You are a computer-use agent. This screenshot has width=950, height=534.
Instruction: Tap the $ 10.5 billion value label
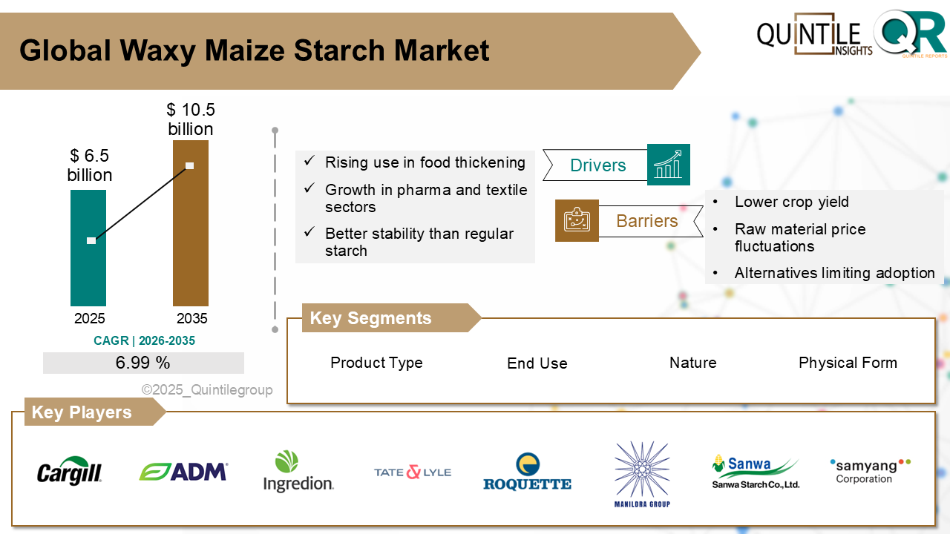tap(191, 119)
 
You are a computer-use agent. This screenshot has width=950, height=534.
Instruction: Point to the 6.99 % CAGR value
tap(143, 363)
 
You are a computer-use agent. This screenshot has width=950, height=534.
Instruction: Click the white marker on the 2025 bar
tap(91, 240)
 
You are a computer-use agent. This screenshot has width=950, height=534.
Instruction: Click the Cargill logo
tap(70, 471)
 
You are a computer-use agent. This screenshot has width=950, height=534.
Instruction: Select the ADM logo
tap(183, 472)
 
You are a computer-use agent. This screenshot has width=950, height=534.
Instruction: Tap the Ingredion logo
tap(298, 472)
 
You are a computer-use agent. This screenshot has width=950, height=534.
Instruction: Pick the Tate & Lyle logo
tap(413, 472)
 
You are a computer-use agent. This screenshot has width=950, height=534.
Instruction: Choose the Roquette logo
tap(527, 472)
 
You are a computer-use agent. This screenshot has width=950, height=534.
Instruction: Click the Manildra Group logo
tap(642, 475)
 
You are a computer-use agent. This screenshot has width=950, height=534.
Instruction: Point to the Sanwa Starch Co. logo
tap(756, 472)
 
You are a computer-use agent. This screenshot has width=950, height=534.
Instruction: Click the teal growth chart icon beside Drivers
tap(669, 165)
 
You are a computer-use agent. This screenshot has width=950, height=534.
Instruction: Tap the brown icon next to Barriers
tap(577, 220)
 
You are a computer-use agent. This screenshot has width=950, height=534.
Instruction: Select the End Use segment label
tap(537, 363)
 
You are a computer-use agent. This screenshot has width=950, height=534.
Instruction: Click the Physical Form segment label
tap(848, 363)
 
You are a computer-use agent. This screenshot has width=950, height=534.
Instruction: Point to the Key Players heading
tap(82, 412)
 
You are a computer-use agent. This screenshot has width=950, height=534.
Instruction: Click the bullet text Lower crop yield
tap(791, 202)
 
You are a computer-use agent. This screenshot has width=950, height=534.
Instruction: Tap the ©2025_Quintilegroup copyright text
tap(207, 389)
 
